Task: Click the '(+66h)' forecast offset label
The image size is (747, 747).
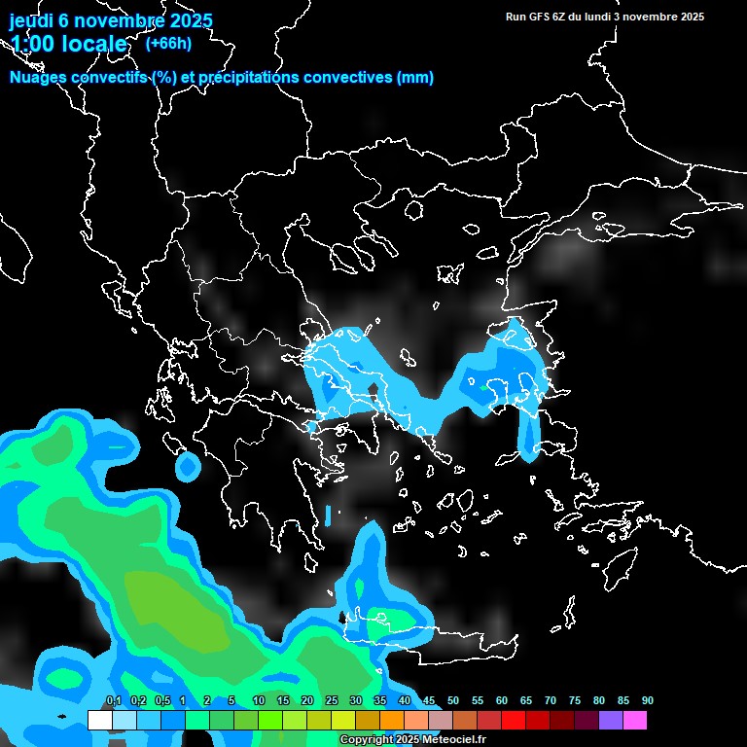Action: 167,43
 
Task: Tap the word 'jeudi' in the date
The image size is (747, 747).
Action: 31,20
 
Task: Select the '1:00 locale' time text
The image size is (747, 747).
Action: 68,44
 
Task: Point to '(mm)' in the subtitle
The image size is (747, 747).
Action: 415,78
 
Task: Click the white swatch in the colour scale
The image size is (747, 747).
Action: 99,721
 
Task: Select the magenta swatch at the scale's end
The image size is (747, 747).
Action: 635,721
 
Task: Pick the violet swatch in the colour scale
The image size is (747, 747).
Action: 611,721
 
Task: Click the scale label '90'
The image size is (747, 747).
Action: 648,701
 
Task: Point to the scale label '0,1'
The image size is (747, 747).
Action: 113,701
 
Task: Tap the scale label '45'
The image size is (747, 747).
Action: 429,701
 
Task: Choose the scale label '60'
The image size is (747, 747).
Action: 502,701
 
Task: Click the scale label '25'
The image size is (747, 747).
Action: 332,701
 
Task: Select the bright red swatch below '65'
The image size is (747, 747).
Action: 514,721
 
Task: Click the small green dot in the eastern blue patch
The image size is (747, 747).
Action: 483,387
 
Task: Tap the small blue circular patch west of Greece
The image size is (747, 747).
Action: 187,468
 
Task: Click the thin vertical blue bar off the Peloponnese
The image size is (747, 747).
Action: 328,515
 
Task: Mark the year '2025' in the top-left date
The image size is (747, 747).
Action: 185,20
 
